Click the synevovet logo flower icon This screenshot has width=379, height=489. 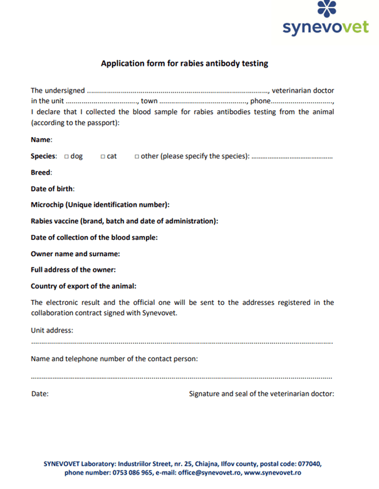pyautogui.click(x=327, y=9)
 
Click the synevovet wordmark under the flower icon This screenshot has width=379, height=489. pyautogui.click(x=326, y=28)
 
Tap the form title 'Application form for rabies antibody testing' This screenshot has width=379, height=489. pyautogui.click(x=185, y=63)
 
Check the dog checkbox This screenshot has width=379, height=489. pyautogui.click(x=66, y=157)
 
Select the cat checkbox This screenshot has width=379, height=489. pyautogui.click(x=103, y=157)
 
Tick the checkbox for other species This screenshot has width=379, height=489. pyautogui.click(x=137, y=157)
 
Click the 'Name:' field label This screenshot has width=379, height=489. pyautogui.click(x=41, y=140)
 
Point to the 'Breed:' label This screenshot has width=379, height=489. pyautogui.click(x=41, y=172)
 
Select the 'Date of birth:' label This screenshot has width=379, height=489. pyautogui.click(x=53, y=188)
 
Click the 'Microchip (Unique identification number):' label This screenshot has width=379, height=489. pyautogui.click(x=100, y=205)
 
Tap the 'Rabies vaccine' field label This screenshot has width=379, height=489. pyautogui.click(x=124, y=221)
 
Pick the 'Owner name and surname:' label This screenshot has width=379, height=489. pyautogui.click(x=75, y=254)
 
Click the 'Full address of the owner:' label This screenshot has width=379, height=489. pyautogui.click(x=73, y=270)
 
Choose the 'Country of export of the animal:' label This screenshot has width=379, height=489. pyautogui.click(x=83, y=286)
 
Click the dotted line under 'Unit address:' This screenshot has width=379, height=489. pyautogui.click(x=182, y=343)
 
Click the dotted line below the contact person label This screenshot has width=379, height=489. pyautogui.click(x=182, y=378)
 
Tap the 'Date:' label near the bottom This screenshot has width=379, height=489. pyautogui.click(x=39, y=394)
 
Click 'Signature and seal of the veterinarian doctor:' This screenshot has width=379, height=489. pyautogui.click(x=261, y=394)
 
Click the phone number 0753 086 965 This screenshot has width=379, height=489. pyautogui.click(x=132, y=473)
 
